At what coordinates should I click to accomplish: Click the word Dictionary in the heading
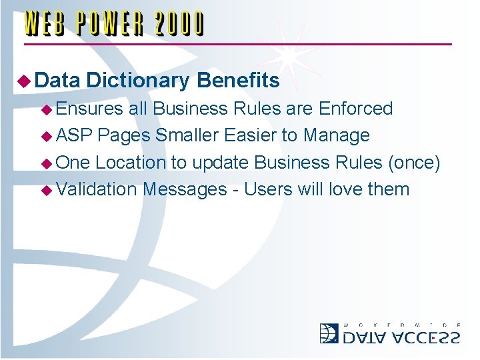coord(138,81)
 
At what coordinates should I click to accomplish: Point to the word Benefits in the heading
coord(238,81)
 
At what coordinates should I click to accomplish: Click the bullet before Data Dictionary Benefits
coord(24,82)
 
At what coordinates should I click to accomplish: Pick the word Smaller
coord(187,135)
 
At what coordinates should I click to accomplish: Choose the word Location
coord(131,162)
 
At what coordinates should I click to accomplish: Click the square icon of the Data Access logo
coord(329,333)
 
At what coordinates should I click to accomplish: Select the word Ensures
coord(90,109)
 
